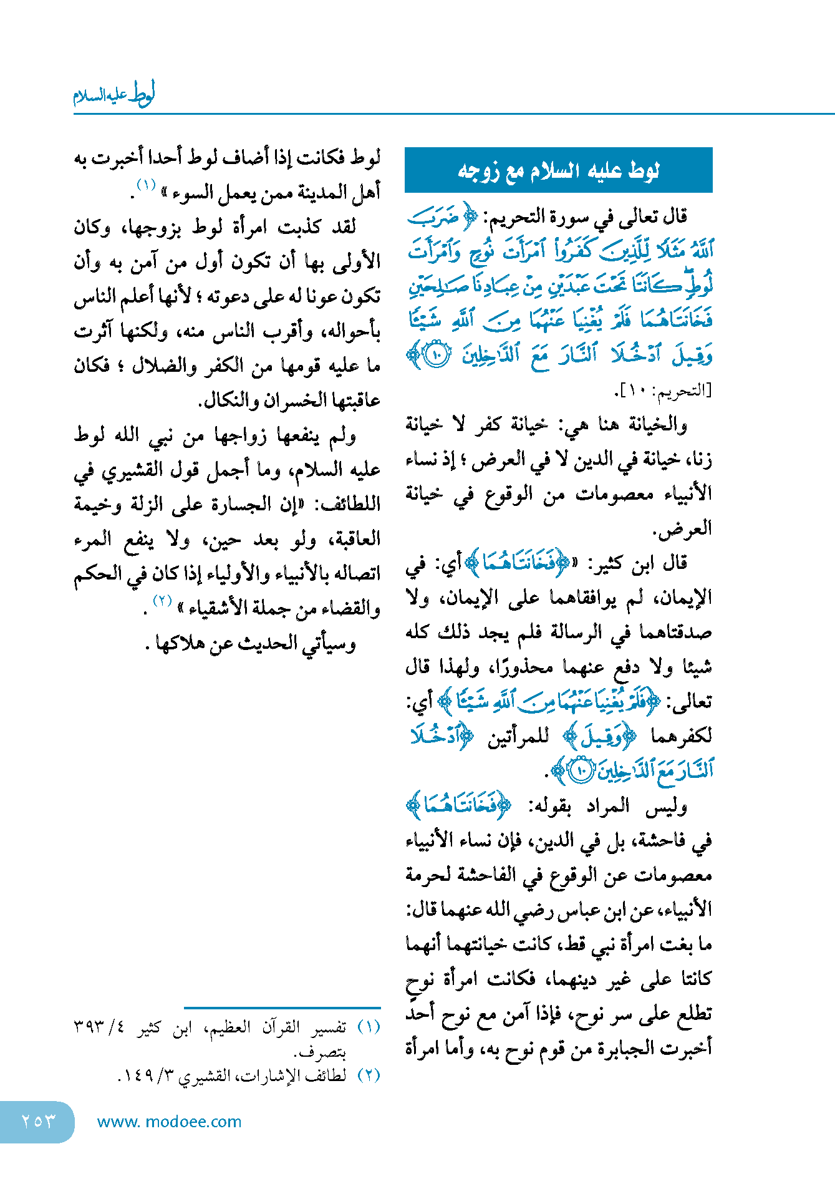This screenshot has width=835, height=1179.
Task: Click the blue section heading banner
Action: pyautogui.click(x=558, y=170)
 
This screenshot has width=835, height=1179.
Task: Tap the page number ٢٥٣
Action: pyautogui.click(x=38, y=1121)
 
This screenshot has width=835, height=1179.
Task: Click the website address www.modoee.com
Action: pyautogui.click(x=169, y=1122)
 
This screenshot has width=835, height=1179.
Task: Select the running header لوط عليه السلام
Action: pyautogui.click(x=114, y=95)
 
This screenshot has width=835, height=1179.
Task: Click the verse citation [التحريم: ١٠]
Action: pyautogui.click(x=664, y=391)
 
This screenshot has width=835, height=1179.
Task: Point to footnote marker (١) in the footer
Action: pyautogui.click(x=369, y=1027)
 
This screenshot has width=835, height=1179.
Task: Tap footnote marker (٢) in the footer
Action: pyautogui.click(x=369, y=1075)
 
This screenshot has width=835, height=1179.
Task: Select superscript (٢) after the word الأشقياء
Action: pyautogui.click(x=162, y=601)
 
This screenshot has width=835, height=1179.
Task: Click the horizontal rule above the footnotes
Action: pyautogui.click(x=282, y=1007)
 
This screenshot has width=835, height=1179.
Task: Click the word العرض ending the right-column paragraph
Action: pyautogui.click(x=688, y=528)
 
